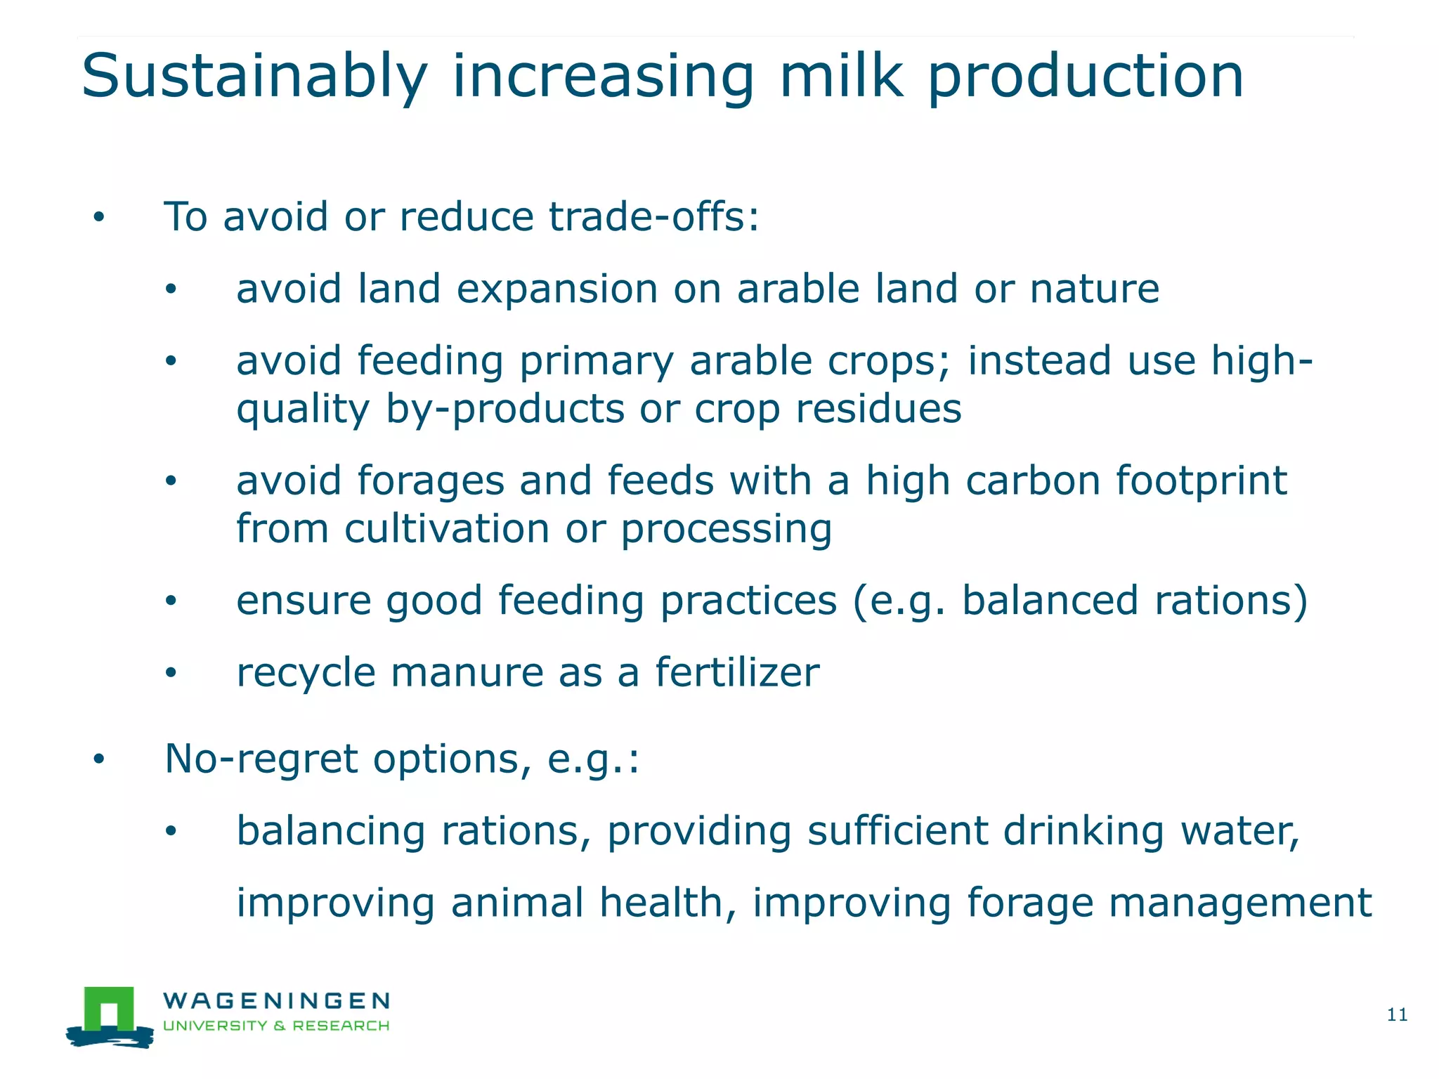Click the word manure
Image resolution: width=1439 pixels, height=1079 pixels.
click(467, 673)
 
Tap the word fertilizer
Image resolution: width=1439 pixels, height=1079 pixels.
click(737, 672)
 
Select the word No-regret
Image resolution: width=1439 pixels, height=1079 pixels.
click(261, 760)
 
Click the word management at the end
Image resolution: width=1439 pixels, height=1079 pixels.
click(1239, 904)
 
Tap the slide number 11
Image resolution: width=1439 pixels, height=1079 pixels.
click(1396, 1014)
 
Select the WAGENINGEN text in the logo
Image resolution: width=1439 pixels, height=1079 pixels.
click(276, 1000)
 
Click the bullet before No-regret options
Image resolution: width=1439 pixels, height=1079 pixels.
click(99, 759)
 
